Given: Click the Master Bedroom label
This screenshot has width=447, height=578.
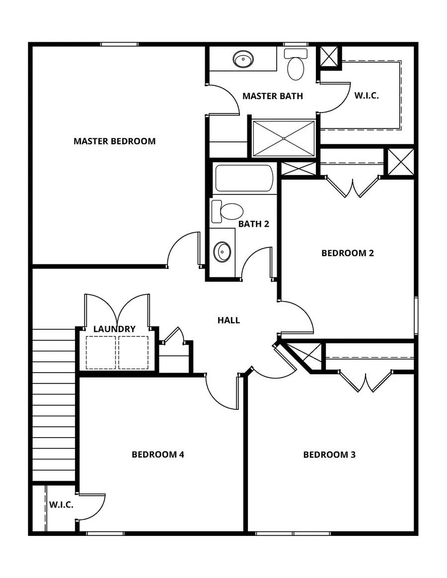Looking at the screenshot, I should [x=114, y=141].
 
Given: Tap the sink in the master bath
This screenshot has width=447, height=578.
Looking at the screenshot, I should [x=242, y=60].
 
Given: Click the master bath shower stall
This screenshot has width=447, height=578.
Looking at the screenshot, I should [x=283, y=138].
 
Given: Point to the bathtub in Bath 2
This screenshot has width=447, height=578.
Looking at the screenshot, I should [x=244, y=178].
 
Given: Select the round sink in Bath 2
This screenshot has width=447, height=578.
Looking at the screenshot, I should [x=222, y=252].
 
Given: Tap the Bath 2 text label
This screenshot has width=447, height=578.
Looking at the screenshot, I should [x=253, y=224].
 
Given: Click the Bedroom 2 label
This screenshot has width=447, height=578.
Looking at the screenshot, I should [x=347, y=253].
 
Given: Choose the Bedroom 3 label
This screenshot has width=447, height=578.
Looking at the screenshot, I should [x=329, y=454].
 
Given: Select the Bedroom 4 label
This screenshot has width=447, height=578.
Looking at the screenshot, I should [x=158, y=454].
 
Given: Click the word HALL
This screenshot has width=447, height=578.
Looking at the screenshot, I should [x=228, y=321].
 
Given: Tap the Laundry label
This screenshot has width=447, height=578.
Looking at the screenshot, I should [x=114, y=329].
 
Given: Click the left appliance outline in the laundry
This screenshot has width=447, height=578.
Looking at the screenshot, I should [x=101, y=352].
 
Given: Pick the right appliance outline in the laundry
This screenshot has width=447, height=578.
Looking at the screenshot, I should [x=133, y=352].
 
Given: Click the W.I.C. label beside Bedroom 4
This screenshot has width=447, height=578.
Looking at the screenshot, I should [x=61, y=505].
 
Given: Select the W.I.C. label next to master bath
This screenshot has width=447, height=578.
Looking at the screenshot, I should [x=367, y=96].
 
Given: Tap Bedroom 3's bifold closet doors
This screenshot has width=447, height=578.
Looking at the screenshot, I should [x=366, y=381].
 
